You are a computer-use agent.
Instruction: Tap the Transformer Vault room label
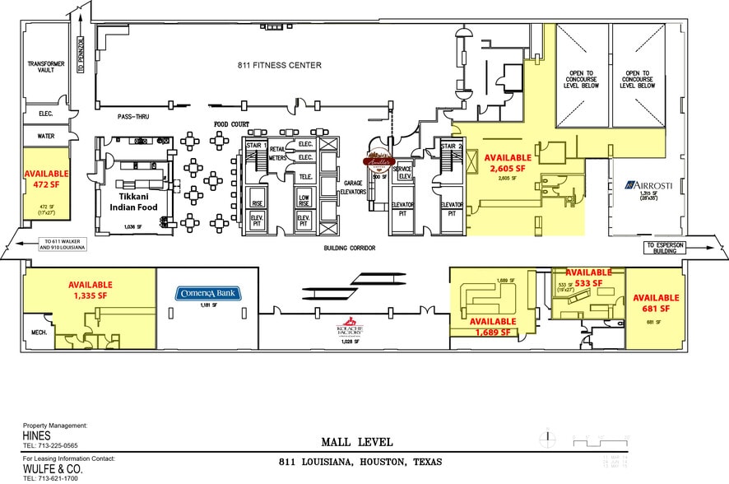(x=40, y=67)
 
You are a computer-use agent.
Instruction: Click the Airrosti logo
(x=649, y=185)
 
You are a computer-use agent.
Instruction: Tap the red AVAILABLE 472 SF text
(x=45, y=179)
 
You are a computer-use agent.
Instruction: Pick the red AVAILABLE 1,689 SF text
(x=494, y=327)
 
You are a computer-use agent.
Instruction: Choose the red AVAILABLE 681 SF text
(x=655, y=302)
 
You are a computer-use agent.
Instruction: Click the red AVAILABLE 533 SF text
(x=587, y=277)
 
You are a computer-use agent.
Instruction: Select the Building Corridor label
(x=350, y=247)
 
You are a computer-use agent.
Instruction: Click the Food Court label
(x=232, y=124)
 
